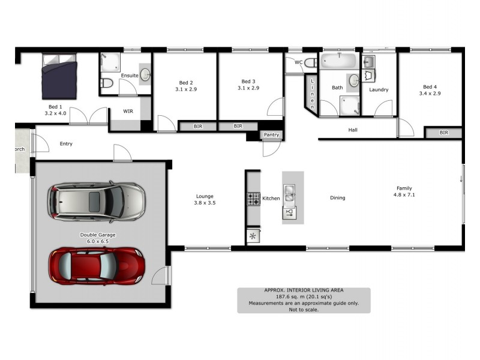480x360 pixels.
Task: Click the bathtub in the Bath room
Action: coord(339,61)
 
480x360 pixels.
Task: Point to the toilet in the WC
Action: coord(310,62)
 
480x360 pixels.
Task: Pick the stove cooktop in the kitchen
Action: coord(253,199)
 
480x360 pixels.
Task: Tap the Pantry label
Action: coord(272,135)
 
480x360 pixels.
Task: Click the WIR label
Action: coord(128,111)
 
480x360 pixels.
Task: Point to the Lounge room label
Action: coord(205,196)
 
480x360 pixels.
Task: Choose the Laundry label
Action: coord(379,90)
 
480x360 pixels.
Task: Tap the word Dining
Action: coord(338,198)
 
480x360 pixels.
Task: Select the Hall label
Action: coord(353,130)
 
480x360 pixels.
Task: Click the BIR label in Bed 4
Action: coord(443,133)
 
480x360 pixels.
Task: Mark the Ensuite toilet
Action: coord(106,83)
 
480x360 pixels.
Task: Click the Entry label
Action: coord(66,143)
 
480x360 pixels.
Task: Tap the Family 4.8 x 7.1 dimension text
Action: coord(404,195)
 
